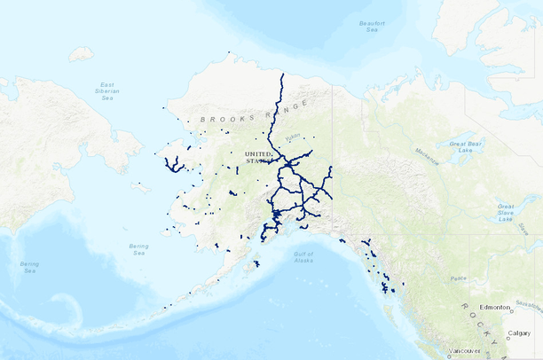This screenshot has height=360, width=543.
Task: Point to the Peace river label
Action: (459, 278)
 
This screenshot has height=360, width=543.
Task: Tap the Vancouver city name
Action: (466, 352)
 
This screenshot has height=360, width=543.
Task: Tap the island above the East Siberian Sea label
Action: (81, 54)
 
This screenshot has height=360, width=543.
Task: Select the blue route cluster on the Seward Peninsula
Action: (174, 165)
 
